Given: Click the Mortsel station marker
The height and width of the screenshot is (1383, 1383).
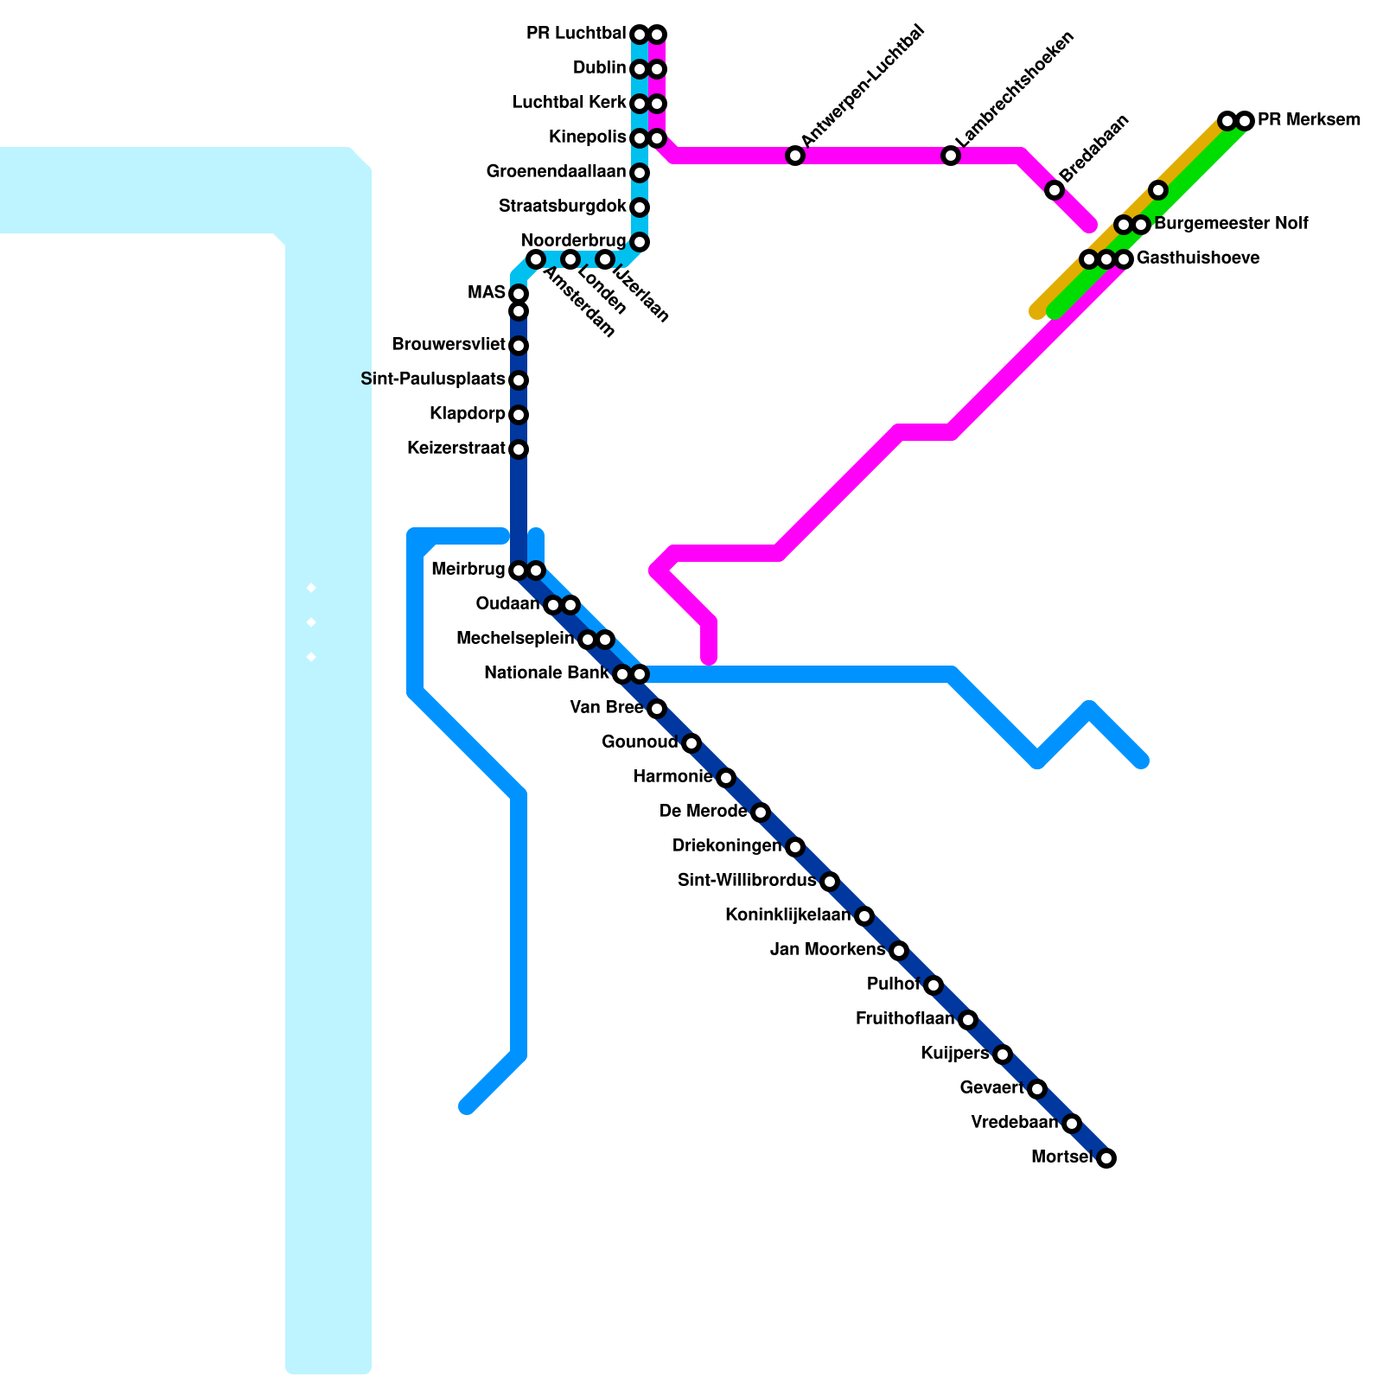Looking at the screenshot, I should pyautogui.click(x=1106, y=1158).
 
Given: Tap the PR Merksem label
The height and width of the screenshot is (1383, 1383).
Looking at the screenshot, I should pyautogui.click(x=1309, y=120).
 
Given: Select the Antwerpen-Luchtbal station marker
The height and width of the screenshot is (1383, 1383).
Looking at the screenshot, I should pyautogui.click(x=795, y=156).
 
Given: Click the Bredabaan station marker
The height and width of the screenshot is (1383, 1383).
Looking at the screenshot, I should pyautogui.click(x=1055, y=190).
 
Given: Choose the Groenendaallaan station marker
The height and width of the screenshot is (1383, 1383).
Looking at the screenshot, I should pyautogui.click(x=640, y=173).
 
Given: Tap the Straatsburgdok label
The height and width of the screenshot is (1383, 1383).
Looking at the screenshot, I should pyautogui.click(x=562, y=207).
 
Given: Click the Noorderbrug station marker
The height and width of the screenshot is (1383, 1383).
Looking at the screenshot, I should pyautogui.click(x=640, y=242).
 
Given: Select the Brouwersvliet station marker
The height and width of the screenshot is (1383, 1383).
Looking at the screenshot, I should pyautogui.click(x=519, y=346).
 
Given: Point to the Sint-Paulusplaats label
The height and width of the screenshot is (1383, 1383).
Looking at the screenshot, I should pyautogui.click(x=432, y=379).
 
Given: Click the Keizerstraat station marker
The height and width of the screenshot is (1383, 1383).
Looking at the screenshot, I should pyautogui.click(x=519, y=449).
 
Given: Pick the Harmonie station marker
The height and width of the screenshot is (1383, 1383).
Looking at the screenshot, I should pyautogui.click(x=726, y=778).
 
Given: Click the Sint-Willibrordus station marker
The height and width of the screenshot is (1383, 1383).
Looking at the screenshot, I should pyautogui.click(x=830, y=882).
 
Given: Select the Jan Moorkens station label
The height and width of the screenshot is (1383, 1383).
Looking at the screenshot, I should pyautogui.click(x=827, y=950).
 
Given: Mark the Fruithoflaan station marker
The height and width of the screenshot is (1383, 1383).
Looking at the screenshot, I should pyautogui.click(x=968, y=1020).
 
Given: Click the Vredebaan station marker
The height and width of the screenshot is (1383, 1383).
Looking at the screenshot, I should pyautogui.click(x=1072, y=1124).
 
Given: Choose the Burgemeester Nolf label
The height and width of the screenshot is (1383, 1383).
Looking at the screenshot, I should pyautogui.click(x=1231, y=224).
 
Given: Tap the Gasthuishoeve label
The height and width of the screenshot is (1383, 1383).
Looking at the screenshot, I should pyautogui.click(x=1197, y=258).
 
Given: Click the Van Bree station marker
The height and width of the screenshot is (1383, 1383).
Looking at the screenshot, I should pyautogui.click(x=657, y=709).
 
